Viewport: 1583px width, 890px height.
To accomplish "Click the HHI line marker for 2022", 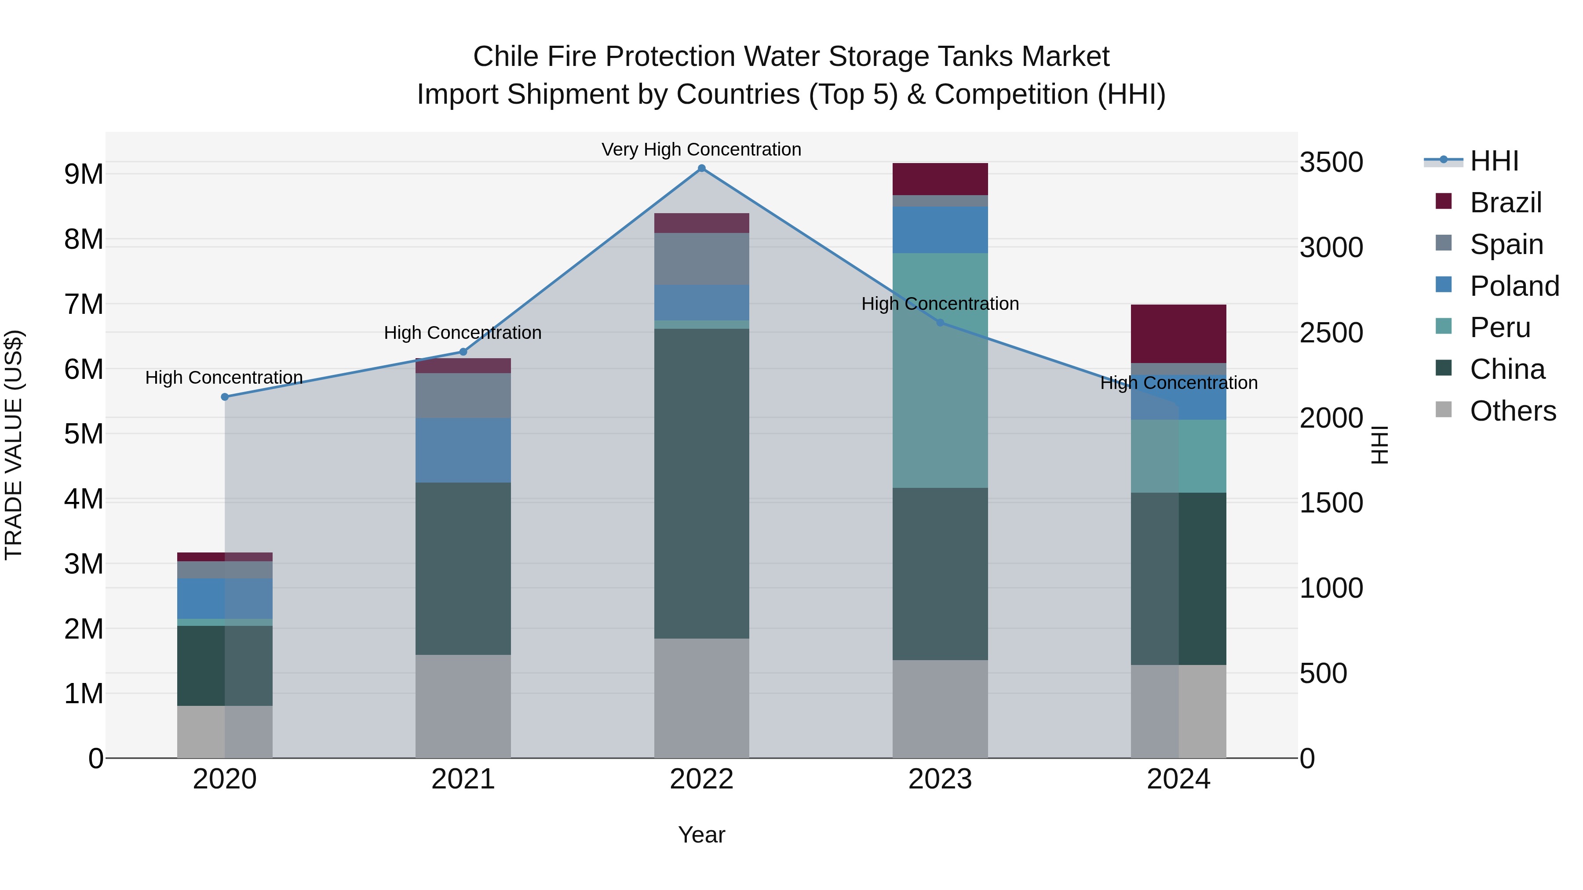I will click(701, 168).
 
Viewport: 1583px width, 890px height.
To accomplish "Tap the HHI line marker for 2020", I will click(225, 397).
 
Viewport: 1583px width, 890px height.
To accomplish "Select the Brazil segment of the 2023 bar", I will click(940, 179).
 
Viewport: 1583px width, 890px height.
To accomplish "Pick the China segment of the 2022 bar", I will click(701, 483).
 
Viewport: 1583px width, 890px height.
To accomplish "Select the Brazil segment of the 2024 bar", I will click(1178, 334).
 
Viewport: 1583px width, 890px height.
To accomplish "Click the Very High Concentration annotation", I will click(701, 149).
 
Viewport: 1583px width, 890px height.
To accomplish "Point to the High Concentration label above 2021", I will click(463, 333).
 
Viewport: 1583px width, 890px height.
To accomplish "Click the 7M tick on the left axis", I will click(84, 304).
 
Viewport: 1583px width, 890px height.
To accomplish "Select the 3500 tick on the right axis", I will click(1331, 163).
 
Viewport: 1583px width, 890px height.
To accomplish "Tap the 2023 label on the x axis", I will click(940, 779).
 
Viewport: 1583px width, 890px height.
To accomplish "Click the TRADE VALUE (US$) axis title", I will click(14, 445).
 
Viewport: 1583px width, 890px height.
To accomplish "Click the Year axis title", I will click(701, 835).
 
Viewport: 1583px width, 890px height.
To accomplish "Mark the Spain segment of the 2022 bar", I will click(701, 258).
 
